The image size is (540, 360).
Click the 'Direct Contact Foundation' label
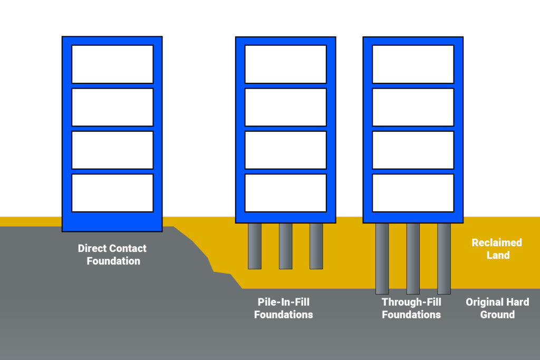112,255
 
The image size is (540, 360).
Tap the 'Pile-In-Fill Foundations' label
283,308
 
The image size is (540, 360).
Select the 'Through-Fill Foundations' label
411,308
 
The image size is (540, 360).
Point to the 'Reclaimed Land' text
497,249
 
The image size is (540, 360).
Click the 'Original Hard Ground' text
497,308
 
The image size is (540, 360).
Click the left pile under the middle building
255,246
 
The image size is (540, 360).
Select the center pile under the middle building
285,246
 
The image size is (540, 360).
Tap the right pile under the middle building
316,246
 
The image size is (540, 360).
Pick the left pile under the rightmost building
382,258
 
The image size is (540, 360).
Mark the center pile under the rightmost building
413,258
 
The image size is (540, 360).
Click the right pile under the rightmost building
444,258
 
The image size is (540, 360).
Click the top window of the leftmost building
112,64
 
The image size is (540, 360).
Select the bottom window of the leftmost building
112,193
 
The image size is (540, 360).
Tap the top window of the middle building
285,64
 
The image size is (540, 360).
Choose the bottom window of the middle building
285,193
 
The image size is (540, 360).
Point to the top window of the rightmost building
413,64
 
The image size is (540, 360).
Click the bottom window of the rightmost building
413,193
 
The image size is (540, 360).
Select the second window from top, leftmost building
112,107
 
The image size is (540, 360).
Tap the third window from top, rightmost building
413,150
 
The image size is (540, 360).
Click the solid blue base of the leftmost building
112,222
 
